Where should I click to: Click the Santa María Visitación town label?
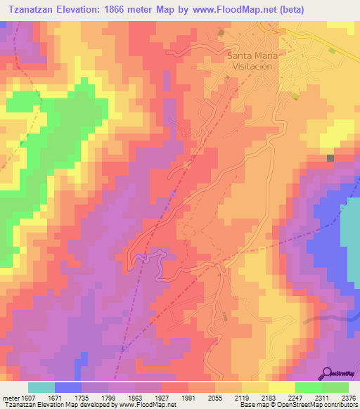[252, 60]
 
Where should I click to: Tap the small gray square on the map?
[330, 158]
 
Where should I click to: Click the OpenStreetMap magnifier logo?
[328, 372]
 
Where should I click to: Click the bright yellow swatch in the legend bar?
[282, 387]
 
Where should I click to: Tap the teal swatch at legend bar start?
[41, 387]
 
